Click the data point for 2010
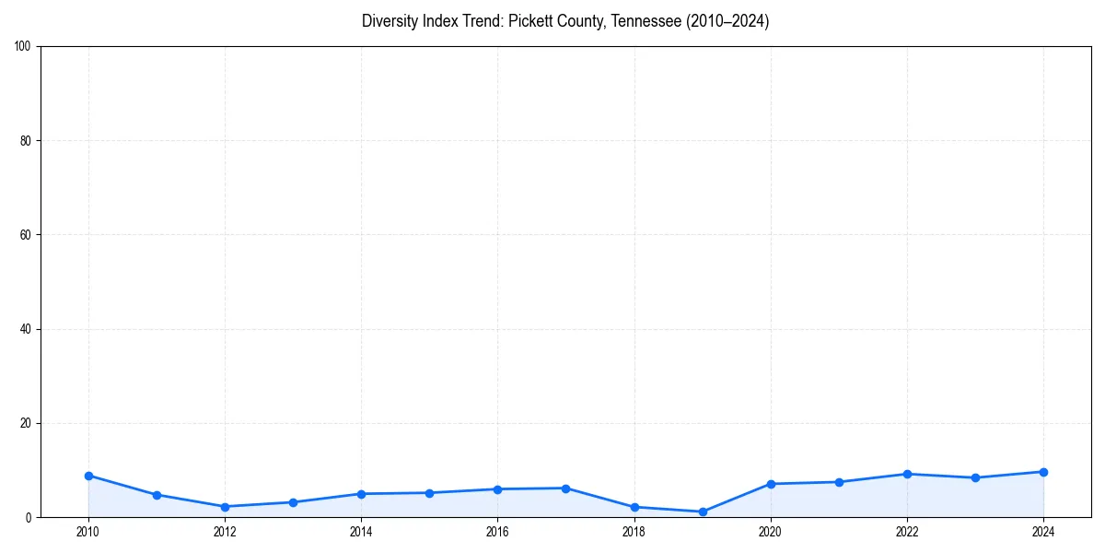88,476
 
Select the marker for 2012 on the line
225,507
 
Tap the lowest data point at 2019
703,512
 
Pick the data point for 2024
1043,472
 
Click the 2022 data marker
907,474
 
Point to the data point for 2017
565,488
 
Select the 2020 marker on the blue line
771,484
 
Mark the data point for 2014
361,494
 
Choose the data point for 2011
157,495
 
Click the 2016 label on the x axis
497,532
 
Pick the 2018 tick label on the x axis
634,532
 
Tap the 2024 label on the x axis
1043,532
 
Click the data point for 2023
975,477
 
